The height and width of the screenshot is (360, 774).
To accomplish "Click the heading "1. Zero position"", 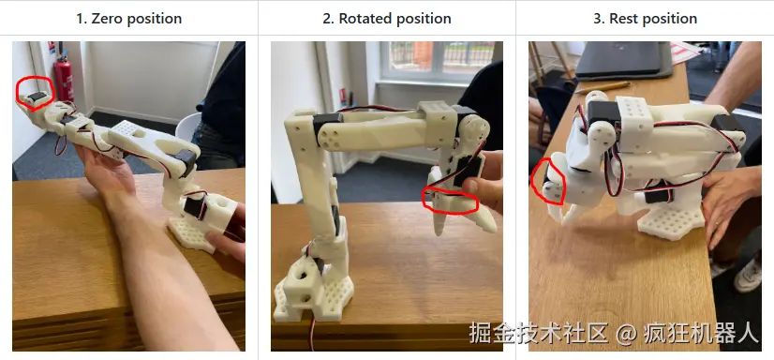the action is [128, 19].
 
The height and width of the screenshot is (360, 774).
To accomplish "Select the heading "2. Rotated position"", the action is [387, 19].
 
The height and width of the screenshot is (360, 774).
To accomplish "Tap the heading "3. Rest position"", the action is [646, 19].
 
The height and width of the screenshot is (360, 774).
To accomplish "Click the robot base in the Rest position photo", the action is [671, 219].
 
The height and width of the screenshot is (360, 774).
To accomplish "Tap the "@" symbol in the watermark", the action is [625, 334].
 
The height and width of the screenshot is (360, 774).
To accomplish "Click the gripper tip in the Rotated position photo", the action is [439, 231].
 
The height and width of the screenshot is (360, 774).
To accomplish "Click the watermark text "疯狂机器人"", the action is [701, 334].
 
